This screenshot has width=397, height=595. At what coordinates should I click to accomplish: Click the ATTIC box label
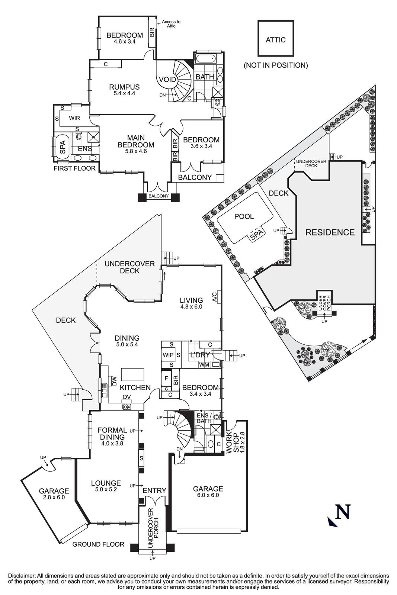pyautogui.click(x=275, y=40)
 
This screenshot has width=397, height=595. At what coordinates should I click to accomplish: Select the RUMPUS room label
pyautogui.click(x=124, y=87)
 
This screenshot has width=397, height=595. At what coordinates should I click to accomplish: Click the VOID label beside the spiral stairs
pyautogui.click(x=167, y=79)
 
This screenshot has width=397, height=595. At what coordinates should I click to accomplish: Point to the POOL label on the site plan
pyautogui.click(x=244, y=216)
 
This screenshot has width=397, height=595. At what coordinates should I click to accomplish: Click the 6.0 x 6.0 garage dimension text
pyautogui.click(x=208, y=495)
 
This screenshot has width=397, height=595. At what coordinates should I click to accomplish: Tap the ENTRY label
pyautogui.click(x=154, y=491)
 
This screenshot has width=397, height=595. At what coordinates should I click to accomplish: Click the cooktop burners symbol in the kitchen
pyautogui.click(x=127, y=406)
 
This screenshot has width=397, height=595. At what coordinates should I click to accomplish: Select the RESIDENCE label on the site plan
pyautogui.click(x=330, y=232)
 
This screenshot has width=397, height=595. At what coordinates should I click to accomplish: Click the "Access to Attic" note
pyautogui.click(x=171, y=24)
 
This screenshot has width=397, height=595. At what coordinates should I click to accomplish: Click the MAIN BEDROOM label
pyautogui.click(x=135, y=141)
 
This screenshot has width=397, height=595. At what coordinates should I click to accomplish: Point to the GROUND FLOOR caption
pyautogui.click(x=98, y=544)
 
